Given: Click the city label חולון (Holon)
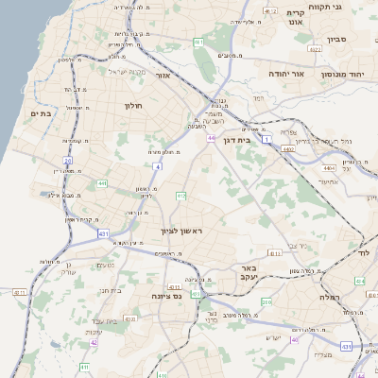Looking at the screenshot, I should tap(132, 104).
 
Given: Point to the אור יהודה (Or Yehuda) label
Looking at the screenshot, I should tap(284, 73).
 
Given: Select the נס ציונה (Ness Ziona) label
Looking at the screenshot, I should tap(167, 296).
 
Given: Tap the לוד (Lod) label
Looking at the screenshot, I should tap(363, 253).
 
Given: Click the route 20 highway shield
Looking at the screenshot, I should tap(67, 162).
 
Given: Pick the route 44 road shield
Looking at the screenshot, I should tap(212, 138).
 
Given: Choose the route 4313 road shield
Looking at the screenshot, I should tap(274, 252).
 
